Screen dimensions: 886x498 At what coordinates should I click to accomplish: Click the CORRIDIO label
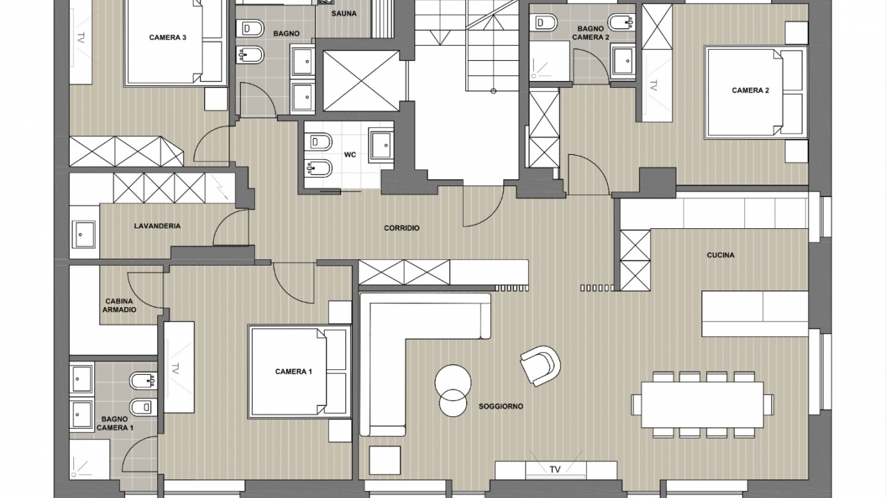click(401, 228)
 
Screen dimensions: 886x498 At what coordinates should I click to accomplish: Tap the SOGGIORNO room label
click(500, 406)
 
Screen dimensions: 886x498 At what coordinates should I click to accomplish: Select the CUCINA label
click(721, 255)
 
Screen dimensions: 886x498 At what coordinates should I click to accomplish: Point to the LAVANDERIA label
click(157, 226)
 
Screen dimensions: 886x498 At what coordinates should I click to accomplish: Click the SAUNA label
click(344, 14)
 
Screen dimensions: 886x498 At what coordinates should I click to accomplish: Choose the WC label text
click(350, 154)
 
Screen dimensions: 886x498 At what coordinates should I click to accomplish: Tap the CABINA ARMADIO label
click(119, 306)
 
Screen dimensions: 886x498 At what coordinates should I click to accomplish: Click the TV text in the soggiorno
click(555, 470)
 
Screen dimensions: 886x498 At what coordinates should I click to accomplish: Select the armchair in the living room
click(541, 366)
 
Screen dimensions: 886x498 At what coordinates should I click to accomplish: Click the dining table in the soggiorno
click(702, 405)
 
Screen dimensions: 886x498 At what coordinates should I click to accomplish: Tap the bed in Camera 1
click(300, 371)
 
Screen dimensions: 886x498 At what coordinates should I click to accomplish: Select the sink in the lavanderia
click(83, 234)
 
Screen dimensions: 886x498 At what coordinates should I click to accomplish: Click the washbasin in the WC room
click(381, 145)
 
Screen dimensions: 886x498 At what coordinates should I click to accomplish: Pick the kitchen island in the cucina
click(755, 313)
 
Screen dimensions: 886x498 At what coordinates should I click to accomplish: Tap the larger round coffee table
click(453, 382)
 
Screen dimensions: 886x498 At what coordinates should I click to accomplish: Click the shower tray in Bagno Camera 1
click(90, 459)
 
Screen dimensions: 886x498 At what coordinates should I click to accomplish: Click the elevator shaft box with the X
click(361, 81)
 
